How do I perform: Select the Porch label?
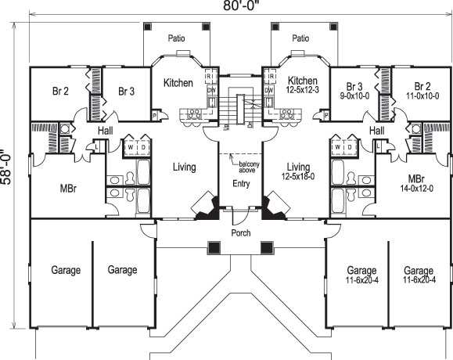[x=240, y=233]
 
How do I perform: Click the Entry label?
[x=240, y=184]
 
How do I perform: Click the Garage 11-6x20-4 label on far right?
[x=419, y=275]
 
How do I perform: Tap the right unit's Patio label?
[x=300, y=38]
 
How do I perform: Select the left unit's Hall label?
[x=106, y=131]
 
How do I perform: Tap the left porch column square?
[x=212, y=248]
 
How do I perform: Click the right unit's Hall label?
[x=376, y=131]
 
